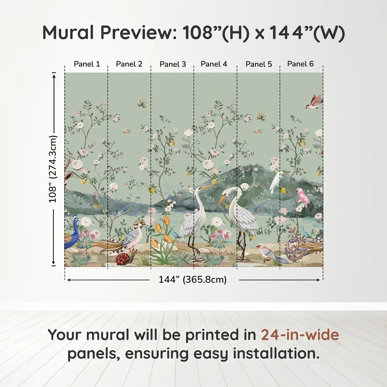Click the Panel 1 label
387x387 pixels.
[87, 64]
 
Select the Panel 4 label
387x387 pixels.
[214, 64]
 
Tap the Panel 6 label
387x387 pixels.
[300, 64]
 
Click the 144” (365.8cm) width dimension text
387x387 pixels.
[192, 280]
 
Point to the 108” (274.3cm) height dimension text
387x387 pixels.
[53, 169]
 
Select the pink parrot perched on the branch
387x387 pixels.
[303, 197]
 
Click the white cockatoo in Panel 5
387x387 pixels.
[276, 181]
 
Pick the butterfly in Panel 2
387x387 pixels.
[143, 103]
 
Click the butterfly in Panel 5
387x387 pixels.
[262, 116]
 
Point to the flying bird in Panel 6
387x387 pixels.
[314, 102]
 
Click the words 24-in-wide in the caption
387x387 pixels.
[300, 335]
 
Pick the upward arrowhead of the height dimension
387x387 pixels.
[54, 75]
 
